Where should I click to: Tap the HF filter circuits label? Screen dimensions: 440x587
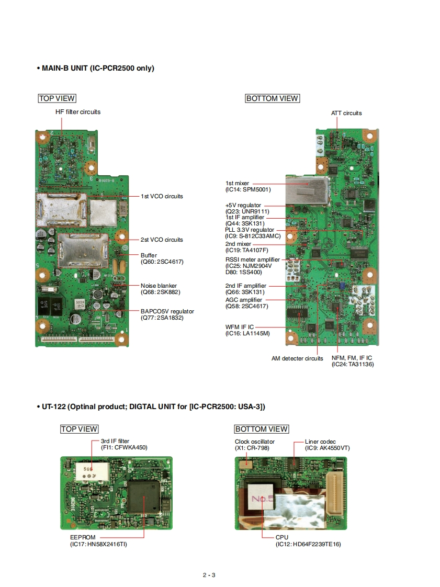click(78, 112)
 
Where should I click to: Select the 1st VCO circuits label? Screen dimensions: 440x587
click(162, 197)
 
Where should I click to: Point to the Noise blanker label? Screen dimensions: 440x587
click(159, 286)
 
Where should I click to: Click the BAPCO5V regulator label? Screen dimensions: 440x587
click(167, 311)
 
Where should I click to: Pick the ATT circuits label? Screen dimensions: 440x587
click(346, 113)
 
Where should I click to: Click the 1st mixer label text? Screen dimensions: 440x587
click(237, 183)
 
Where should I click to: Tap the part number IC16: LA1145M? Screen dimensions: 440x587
click(247, 333)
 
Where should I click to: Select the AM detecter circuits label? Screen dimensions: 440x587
click(297, 358)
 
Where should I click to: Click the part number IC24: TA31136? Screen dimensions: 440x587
click(353, 364)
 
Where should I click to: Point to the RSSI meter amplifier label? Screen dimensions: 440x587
click(253, 259)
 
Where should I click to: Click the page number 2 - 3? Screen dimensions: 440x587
click(209, 575)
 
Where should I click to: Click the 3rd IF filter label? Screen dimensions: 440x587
click(115, 442)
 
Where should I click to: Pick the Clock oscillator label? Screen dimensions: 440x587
click(254, 442)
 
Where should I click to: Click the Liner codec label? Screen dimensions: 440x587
click(321, 442)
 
